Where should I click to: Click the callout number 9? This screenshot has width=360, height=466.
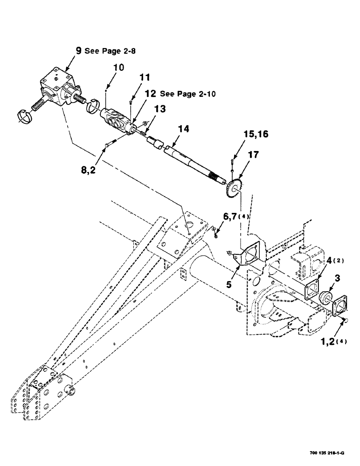coord(78,50)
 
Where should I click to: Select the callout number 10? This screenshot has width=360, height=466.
coord(118,68)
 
